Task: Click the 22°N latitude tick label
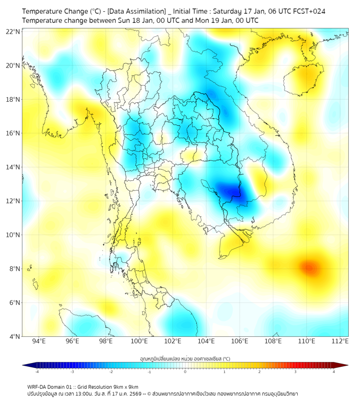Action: point(13,31)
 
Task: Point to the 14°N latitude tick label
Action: point(13,167)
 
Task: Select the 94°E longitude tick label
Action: point(39,341)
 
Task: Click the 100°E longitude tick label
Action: point(140,341)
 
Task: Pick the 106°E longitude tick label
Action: point(240,341)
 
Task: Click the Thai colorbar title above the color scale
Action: point(185,358)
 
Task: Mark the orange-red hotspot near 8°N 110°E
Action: point(308,266)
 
